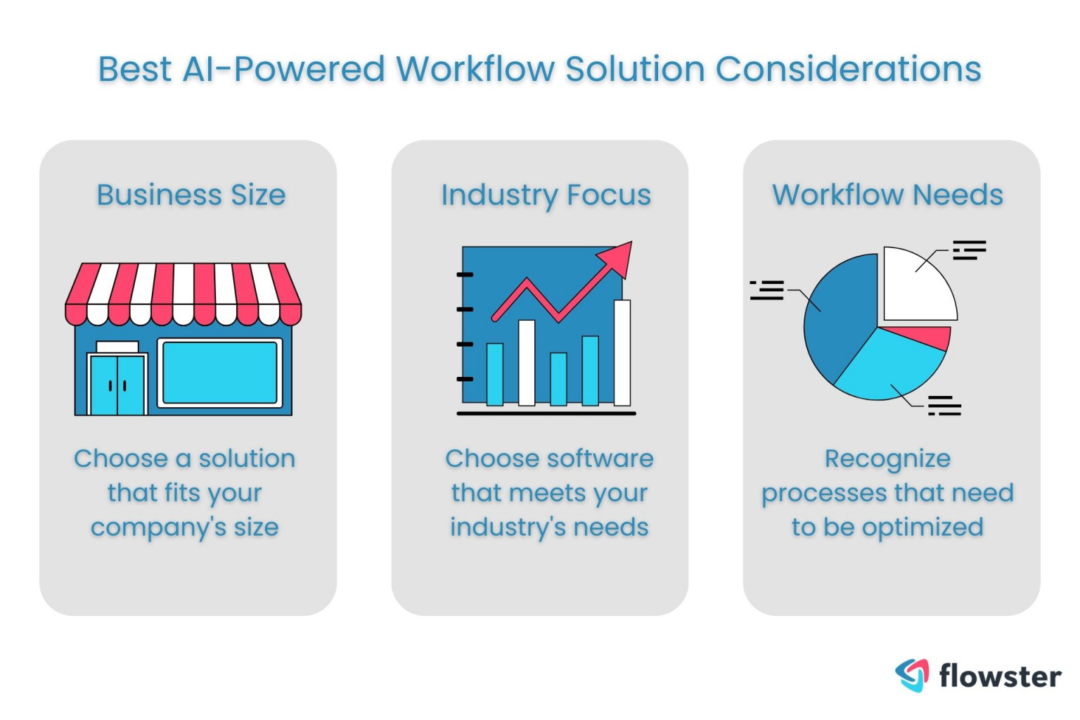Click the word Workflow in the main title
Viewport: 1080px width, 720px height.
pyautogui.click(x=475, y=70)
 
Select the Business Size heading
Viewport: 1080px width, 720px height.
pyautogui.click(x=191, y=195)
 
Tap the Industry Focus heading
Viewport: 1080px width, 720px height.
pyautogui.click(x=546, y=195)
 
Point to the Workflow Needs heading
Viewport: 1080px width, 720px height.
pyautogui.click(x=887, y=195)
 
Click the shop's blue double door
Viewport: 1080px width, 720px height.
pyautogui.click(x=117, y=385)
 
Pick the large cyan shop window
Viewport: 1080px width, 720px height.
pyautogui.click(x=219, y=373)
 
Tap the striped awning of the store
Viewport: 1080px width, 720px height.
pyautogui.click(x=184, y=293)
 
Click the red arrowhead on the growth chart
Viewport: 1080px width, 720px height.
pyautogui.click(x=619, y=256)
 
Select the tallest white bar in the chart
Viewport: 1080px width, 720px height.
pyautogui.click(x=622, y=353)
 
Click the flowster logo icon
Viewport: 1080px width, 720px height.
pyautogui.click(x=912, y=675)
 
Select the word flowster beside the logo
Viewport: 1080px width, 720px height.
pyautogui.click(x=1000, y=676)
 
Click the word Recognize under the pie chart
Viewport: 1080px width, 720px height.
pyautogui.click(x=887, y=459)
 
